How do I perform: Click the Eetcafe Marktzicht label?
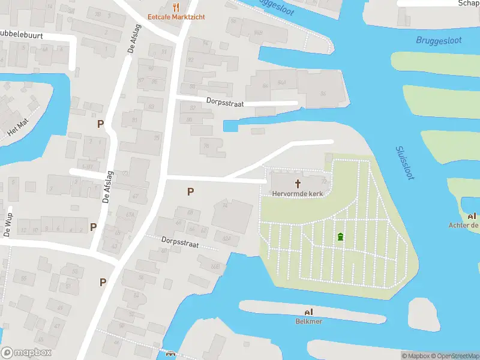pos(176,17)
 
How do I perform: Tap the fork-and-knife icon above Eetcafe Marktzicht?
pos(176,7)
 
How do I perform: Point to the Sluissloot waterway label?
pos(406,163)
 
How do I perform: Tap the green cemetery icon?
pos(341,237)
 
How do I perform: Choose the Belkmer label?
pos(309,322)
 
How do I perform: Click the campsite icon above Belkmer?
pos(309,312)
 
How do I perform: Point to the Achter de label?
pos(464,225)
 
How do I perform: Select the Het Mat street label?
pos(18,127)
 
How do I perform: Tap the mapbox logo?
pos(26,352)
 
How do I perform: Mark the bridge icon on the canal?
pos(170,355)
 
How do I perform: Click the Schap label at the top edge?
pos(468,3)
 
